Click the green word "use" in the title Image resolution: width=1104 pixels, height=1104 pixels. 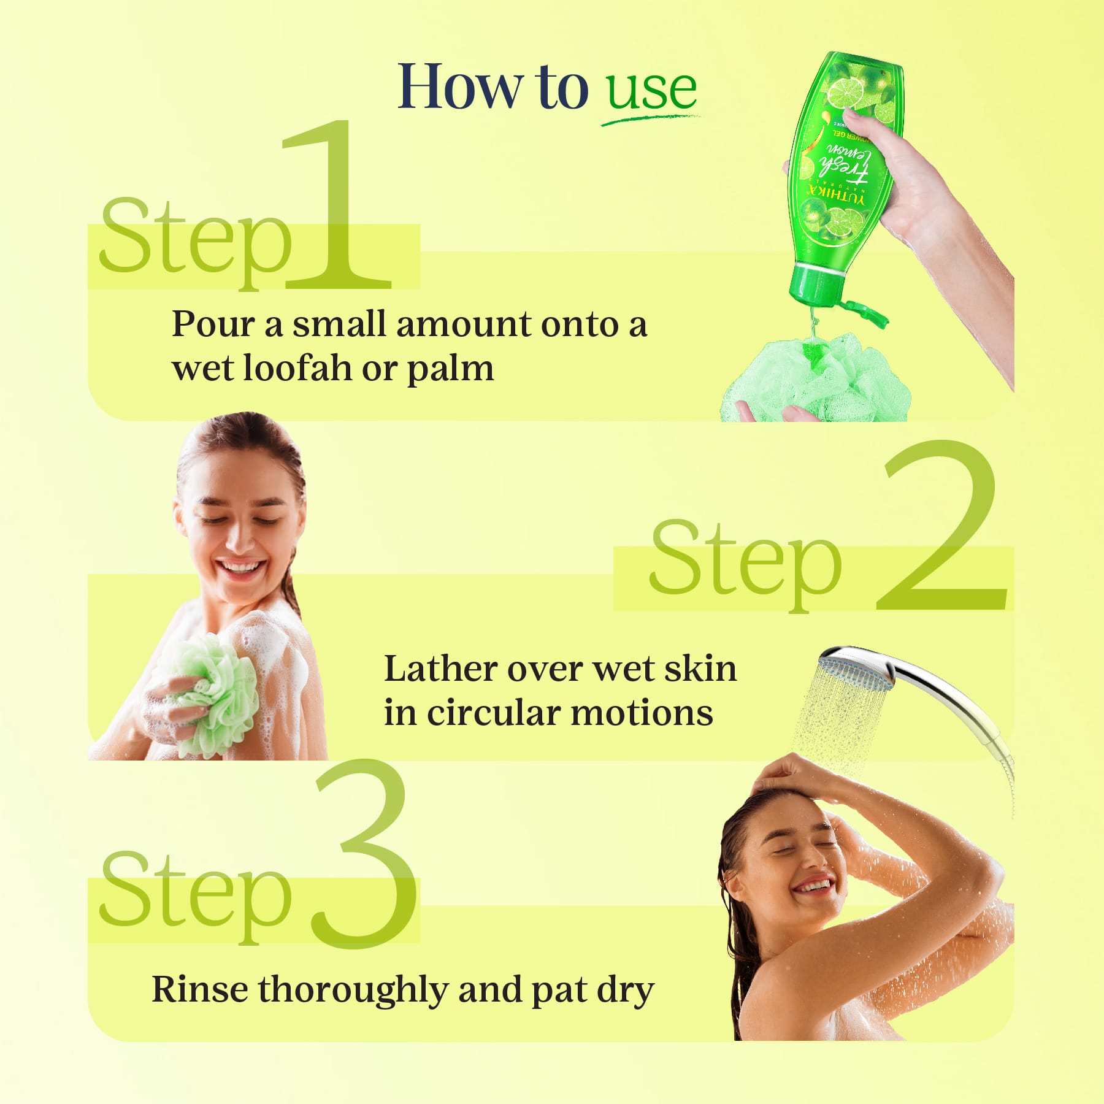coord(651,91)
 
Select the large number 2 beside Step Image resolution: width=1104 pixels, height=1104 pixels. coord(941,527)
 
